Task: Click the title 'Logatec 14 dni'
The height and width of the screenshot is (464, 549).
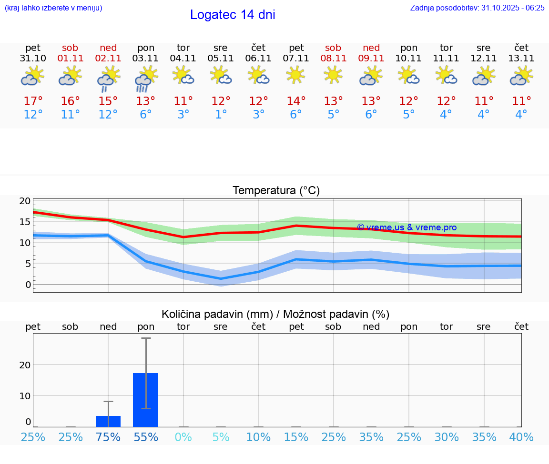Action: pyautogui.click(x=233, y=15)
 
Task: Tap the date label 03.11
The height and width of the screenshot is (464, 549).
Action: pyautogui.click(x=146, y=59)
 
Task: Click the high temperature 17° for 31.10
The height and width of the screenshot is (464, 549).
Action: pyautogui.click(x=33, y=101)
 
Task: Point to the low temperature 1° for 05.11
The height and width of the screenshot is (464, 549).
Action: pyautogui.click(x=221, y=115)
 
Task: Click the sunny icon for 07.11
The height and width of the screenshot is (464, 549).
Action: pyautogui.click(x=296, y=75)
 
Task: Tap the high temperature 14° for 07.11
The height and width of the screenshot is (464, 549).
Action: pyautogui.click(x=296, y=101)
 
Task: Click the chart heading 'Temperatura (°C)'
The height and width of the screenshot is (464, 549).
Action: pyautogui.click(x=276, y=191)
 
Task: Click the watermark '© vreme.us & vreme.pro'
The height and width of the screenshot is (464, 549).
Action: pyautogui.click(x=407, y=227)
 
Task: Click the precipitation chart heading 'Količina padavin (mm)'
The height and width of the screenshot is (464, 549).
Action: pyautogui.click(x=217, y=314)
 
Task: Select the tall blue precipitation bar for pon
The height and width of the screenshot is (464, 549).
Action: pyautogui.click(x=146, y=400)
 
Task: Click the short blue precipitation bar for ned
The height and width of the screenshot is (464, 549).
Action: pyautogui.click(x=108, y=421)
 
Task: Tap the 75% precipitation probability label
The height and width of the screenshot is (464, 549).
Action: pyautogui.click(x=108, y=437)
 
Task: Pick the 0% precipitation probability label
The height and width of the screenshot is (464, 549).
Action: pyautogui.click(x=183, y=437)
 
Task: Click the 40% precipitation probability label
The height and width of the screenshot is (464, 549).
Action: pyautogui.click(x=521, y=437)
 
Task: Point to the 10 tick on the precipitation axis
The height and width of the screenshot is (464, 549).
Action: pyautogui.click(x=25, y=396)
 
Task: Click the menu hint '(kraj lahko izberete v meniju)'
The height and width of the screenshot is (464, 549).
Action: pyautogui.click(x=53, y=8)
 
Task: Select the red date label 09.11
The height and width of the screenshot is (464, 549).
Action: pyautogui.click(x=371, y=59)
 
